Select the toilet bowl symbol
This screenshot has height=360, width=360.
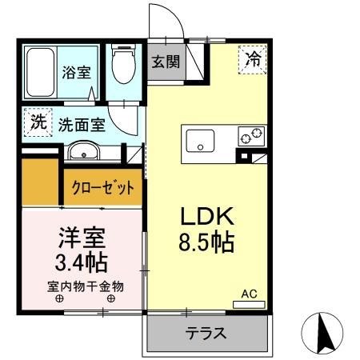point(123,67)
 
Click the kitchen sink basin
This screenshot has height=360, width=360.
point(199,142)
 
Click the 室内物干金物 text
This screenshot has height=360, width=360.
point(83,286)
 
